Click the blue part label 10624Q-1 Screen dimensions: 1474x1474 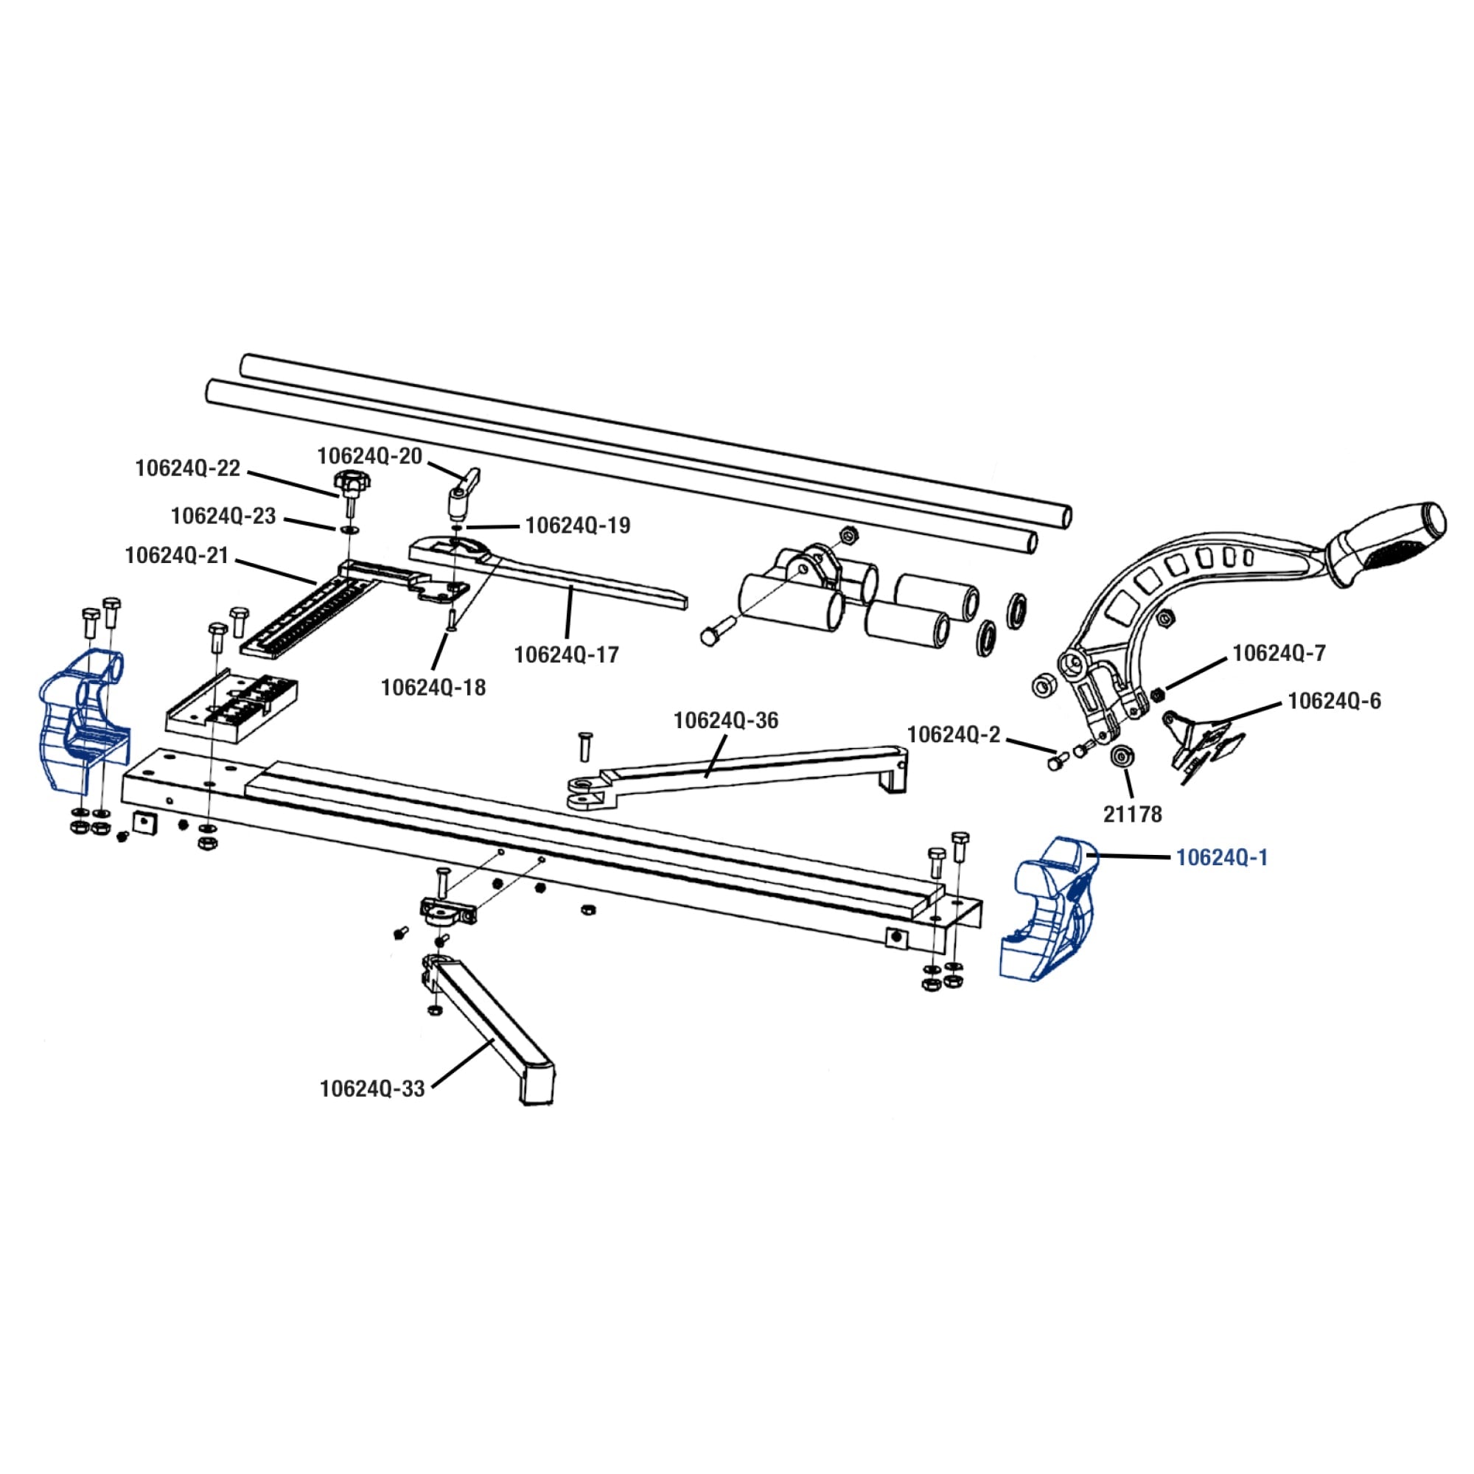tap(1221, 858)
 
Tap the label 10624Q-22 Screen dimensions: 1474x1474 tap(188, 468)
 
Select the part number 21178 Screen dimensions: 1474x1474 tap(1132, 815)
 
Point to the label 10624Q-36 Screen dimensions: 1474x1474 tap(725, 720)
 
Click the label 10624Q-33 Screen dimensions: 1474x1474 tap(372, 1089)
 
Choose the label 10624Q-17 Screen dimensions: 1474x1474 tap(566, 654)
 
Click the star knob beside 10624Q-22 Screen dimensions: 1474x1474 tap(350, 483)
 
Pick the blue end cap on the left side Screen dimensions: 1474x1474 tap(83, 717)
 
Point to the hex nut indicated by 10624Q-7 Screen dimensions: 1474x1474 tap(1156, 694)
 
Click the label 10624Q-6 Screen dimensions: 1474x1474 tap(1334, 700)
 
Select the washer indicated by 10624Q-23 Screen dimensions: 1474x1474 tap(349, 528)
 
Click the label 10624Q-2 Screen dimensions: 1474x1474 tap(953, 735)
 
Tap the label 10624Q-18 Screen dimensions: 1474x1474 tap(433, 688)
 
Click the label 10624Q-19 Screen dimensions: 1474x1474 tap(578, 525)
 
